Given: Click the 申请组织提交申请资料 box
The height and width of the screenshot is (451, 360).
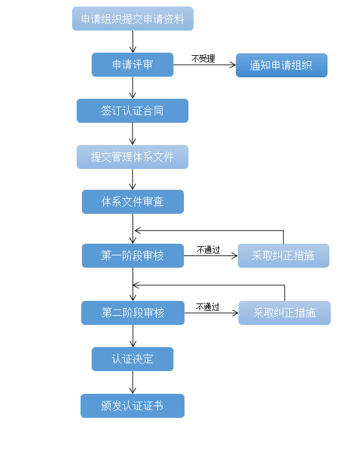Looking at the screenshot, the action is click(133, 19).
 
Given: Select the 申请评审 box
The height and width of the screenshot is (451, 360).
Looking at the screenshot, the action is click(133, 65).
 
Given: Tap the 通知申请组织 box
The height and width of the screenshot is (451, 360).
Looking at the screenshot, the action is click(281, 65).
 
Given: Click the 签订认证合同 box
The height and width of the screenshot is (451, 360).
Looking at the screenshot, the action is click(133, 110).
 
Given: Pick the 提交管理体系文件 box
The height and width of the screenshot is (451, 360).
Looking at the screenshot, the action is click(133, 157).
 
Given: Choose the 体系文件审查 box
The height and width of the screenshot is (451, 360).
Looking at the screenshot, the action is click(133, 201).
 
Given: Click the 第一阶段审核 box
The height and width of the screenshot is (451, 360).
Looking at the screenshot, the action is click(133, 255).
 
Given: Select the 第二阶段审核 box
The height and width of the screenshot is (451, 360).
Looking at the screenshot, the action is click(133, 313).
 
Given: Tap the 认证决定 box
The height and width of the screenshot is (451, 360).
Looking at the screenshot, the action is click(133, 359).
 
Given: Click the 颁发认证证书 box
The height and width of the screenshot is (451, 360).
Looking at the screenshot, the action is click(133, 406).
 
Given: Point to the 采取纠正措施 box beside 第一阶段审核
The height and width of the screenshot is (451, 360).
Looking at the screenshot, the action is click(283, 255).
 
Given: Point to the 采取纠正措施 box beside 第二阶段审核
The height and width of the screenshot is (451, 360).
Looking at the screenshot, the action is click(285, 313).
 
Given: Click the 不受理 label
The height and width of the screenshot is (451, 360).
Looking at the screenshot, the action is click(203, 58).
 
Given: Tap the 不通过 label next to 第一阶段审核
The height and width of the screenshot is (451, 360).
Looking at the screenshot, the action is click(209, 250).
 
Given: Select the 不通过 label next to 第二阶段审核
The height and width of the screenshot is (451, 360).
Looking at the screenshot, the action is click(208, 307).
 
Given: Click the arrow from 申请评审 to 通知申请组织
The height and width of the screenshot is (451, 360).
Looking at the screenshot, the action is click(205, 65).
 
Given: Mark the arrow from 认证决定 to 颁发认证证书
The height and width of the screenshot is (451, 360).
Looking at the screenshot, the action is click(133, 382).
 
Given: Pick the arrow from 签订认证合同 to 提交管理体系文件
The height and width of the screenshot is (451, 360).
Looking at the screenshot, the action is click(133, 134).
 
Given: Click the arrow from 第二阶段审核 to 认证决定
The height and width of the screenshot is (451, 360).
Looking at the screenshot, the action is click(133, 336).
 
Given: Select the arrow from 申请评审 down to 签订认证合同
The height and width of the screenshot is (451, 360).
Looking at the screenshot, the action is click(133, 88).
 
